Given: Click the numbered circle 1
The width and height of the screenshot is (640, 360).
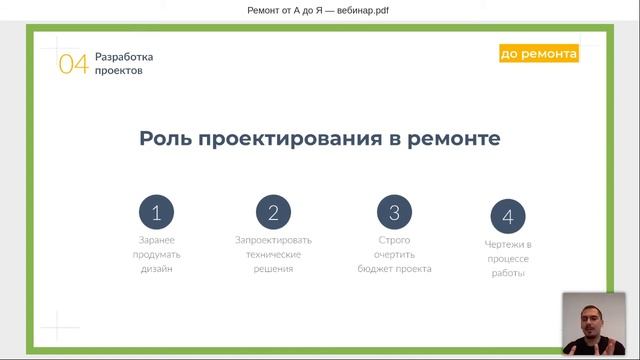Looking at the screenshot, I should point(156,212).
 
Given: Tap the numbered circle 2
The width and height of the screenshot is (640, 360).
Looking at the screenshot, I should point(273,212).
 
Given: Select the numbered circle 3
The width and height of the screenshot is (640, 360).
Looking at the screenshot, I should point(394,212).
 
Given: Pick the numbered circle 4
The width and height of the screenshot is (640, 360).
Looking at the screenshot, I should point(508,216).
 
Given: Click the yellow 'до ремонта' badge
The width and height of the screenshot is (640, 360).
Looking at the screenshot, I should point(539,54).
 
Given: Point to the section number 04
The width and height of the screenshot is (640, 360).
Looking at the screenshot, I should point(73,65).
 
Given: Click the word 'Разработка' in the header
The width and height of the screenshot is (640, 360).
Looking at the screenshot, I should point(124,57).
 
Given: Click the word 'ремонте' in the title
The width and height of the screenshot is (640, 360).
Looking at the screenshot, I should point(454,138).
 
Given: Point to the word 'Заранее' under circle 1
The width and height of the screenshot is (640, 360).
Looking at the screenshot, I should point(156,240).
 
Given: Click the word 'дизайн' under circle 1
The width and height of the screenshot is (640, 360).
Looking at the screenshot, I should point(156,269).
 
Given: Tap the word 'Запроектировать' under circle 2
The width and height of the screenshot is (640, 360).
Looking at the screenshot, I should point(273,240).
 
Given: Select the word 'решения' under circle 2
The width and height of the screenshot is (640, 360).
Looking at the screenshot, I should point(273,269).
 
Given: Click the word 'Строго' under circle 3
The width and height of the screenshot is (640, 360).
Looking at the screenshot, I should point(394,240).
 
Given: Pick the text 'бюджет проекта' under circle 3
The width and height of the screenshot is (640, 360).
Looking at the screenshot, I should point(394,269).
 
